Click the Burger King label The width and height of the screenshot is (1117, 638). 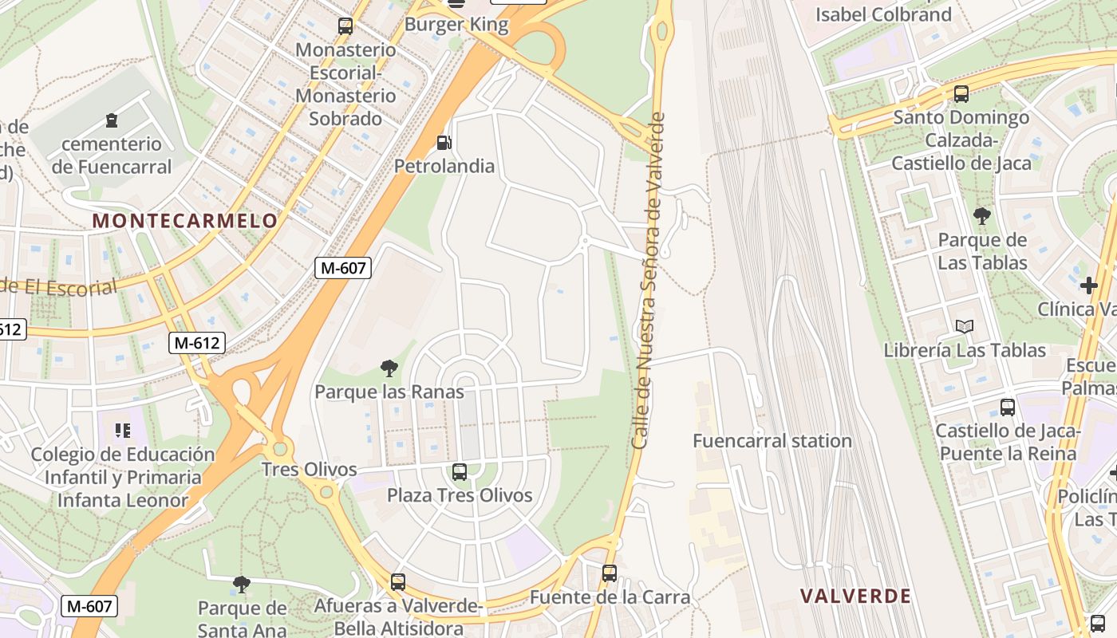tap(456, 25)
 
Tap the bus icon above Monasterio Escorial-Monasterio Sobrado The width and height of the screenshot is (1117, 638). tap(345, 26)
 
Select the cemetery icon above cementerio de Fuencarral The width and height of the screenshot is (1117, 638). tap(111, 120)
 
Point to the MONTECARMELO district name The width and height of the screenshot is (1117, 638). tap(185, 221)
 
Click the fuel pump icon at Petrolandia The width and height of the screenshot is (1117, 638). tap(444, 143)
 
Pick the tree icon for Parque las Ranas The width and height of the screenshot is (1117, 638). tap(389, 368)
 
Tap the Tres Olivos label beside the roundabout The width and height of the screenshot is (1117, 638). tap(310, 470)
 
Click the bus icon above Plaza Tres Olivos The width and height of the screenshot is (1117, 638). tap(460, 471)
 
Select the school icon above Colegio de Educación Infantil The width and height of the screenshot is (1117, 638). tap(122, 431)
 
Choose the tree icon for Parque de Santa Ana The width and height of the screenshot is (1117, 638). tap(242, 585)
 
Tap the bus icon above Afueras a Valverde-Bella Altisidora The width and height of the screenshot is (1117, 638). tap(398, 582)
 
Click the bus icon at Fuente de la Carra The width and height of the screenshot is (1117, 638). tap(610, 573)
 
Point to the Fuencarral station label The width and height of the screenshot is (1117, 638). tap(772, 441)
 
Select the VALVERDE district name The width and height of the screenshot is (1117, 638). tap(855, 596)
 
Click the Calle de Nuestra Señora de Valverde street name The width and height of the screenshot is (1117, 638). tap(648, 281)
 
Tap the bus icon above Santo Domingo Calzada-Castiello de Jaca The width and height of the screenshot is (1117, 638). tap(961, 94)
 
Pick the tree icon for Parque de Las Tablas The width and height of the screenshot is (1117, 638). tap(982, 215)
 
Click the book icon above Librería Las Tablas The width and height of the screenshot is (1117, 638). tap(965, 326)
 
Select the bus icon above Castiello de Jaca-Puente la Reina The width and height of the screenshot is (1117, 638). tap(1008, 408)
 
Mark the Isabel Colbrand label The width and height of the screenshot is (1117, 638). tap(883, 14)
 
